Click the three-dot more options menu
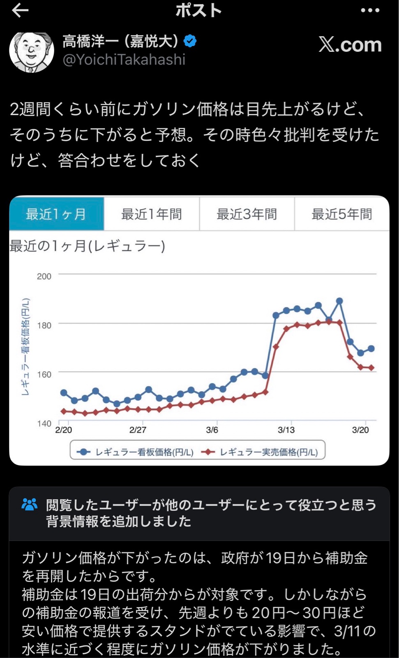(370, 11)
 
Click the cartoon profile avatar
(32, 52)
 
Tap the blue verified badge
(190, 41)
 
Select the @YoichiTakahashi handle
(124, 60)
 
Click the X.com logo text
(350, 44)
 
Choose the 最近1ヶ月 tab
(56, 214)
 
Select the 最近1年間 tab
(152, 214)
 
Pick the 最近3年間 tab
(247, 214)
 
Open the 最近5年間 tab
(341, 214)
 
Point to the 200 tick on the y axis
(44, 276)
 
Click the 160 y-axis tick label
(44, 375)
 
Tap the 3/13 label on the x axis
(286, 430)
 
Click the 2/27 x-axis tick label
(138, 430)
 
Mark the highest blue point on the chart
(339, 301)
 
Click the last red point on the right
(371, 368)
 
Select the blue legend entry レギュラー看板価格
(136, 452)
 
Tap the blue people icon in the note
(29, 505)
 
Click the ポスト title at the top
(199, 11)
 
